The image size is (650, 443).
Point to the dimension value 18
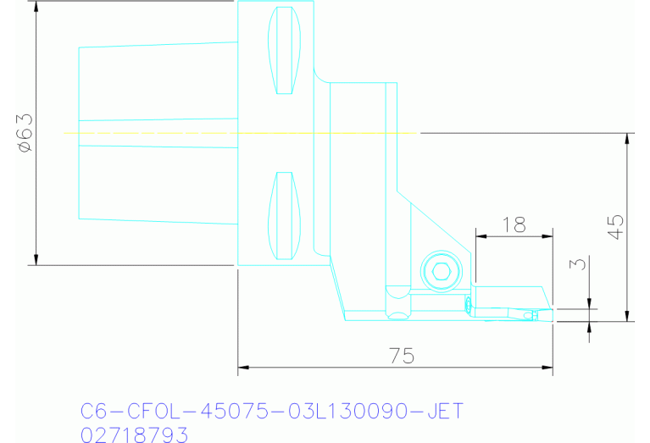[514, 224]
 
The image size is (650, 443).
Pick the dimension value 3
[580, 264]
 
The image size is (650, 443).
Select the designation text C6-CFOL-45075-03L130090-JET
[271, 412]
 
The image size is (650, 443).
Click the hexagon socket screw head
[440, 272]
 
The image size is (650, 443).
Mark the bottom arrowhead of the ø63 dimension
[37, 258]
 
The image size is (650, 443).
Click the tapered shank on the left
[157, 133]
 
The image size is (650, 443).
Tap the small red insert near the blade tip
[468, 303]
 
